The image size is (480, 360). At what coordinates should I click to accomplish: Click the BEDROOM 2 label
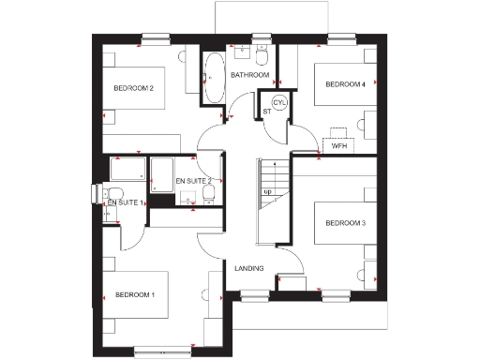click(133, 88)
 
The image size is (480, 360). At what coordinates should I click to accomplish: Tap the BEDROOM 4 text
click(345, 84)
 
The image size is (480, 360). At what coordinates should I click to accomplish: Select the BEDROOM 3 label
click(344, 222)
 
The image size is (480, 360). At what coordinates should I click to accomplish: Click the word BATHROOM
click(250, 75)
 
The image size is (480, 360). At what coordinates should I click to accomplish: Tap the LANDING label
click(248, 269)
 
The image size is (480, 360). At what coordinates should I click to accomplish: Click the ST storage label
click(266, 112)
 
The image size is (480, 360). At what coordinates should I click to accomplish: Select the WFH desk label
click(339, 146)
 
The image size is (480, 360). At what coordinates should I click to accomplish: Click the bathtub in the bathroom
click(214, 76)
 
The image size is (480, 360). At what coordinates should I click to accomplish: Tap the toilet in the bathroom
click(262, 55)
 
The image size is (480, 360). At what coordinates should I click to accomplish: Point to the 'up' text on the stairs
click(267, 192)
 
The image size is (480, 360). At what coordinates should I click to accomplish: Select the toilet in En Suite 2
click(209, 192)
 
